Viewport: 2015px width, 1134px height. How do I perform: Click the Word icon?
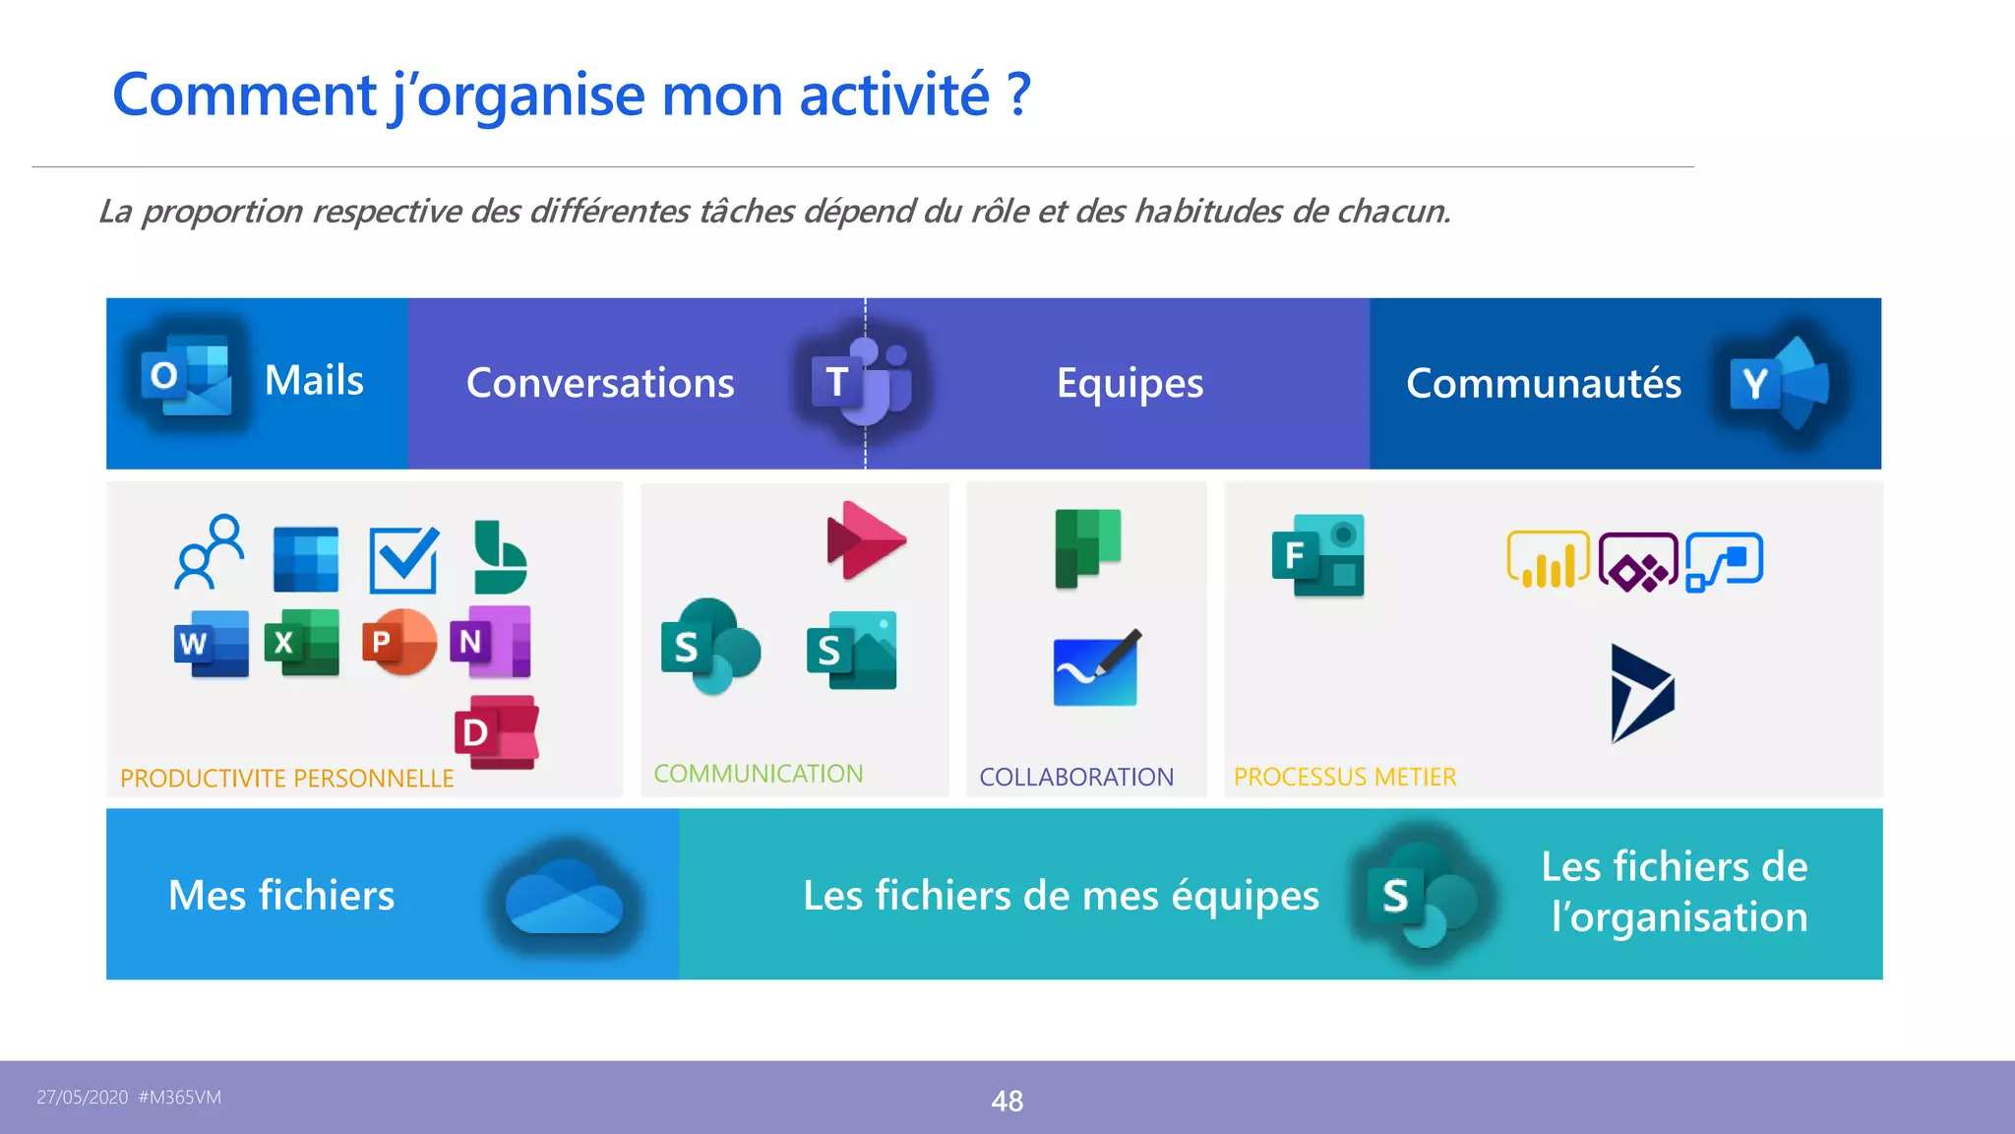pyautogui.click(x=212, y=644)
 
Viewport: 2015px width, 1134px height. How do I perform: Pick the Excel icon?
pyautogui.click(x=302, y=643)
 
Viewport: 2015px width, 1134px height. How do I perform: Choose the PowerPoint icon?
pyautogui.click(x=399, y=642)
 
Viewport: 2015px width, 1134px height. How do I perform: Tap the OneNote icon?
pyautogui.click(x=491, y=642)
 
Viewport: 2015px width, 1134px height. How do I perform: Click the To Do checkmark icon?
pyautogui.click(x=403, y=560)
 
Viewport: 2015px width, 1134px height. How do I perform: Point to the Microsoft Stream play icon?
pyautogui.click(x=865, y=540)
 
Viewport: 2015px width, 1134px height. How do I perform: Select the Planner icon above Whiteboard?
pyautogui.click(x=1087, y=547)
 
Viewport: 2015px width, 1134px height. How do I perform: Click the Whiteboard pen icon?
pyautogui.click(x=1096, y=668)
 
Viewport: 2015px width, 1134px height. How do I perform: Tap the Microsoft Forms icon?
pyautogui.click(x=1318, y=555)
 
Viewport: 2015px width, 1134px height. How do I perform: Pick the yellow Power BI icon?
pyautogui.click(x=1548, y=560)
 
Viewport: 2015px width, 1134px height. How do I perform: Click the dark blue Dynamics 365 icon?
pyautogui.click(x=1641, y=693)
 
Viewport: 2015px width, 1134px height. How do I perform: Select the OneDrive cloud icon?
pyautogui.click(x=564, y=897)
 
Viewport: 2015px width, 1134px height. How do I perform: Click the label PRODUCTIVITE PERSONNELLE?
pyautogui.click(x=286, y=779)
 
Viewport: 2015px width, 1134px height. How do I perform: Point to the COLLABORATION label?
pyautogui.click(x=1076, y=777)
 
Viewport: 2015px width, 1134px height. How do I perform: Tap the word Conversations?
pyautogui.click(x=600, y=383)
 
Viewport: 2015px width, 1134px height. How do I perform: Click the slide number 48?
pyautogui.click(x=1007, y=1101)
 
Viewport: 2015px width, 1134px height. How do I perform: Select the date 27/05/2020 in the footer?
pyautogui.click(x=83, y=1098)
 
